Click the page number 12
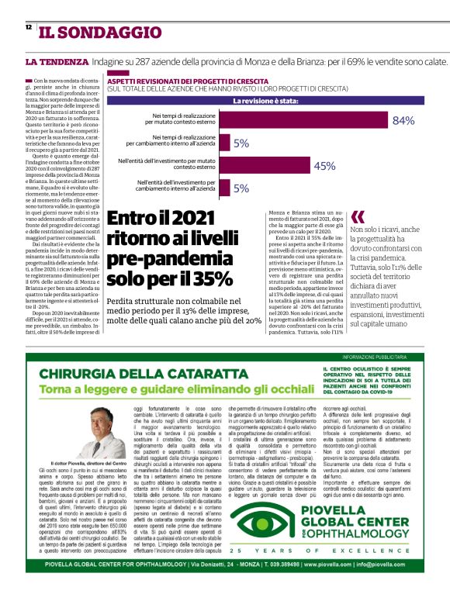[x=29, y=26]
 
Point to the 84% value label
[x=403, y=120]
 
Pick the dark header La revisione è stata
[x=266, y=101]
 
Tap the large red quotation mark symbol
[x=358, y=217]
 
